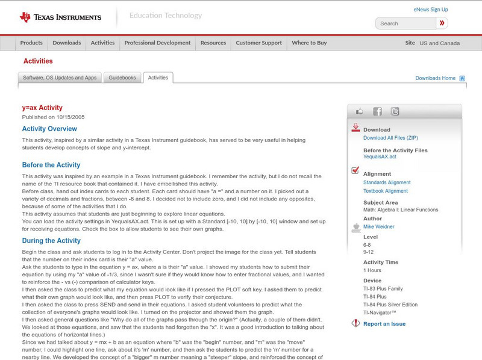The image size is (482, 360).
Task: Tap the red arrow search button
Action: [x=442, y=23]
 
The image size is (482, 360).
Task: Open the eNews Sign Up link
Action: [x=431, y=10]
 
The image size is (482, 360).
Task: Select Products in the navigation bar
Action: [x=31, y=43]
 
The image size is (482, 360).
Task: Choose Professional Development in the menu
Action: [x=157, y=43]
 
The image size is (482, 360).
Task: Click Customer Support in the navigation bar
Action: [x=258, y=43]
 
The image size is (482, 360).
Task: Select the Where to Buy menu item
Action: [x=309, y=43]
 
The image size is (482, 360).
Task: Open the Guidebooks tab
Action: [x=122, y=78]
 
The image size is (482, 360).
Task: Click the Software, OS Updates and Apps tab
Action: [x=60, y=78]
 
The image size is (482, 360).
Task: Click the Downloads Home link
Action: [x=435, y=78]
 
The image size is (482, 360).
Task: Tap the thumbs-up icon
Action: [x=360, y=111]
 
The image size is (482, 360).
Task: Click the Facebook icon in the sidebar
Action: [x=377, y=111]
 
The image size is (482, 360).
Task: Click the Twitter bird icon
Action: [x=395, y=111]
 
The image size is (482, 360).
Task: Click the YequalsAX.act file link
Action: [x=380, y=157]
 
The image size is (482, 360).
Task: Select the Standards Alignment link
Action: [x=387, y=182]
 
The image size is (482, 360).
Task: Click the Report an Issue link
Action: [x=384, y=324]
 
